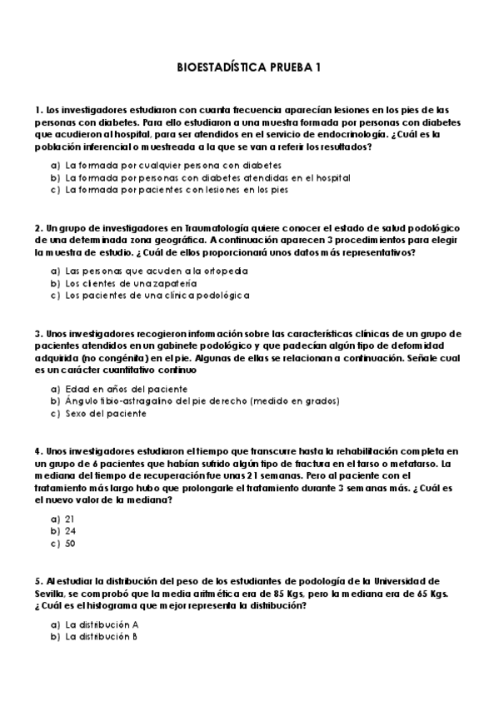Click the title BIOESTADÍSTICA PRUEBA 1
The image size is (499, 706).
click(249, 72)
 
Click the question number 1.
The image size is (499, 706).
click(38, 110)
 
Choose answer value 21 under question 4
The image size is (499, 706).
click(70, 519)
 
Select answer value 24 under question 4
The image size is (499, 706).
click(70, 530)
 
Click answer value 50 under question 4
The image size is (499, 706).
click(70, 543)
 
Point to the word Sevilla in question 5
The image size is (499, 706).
click(49, 594)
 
